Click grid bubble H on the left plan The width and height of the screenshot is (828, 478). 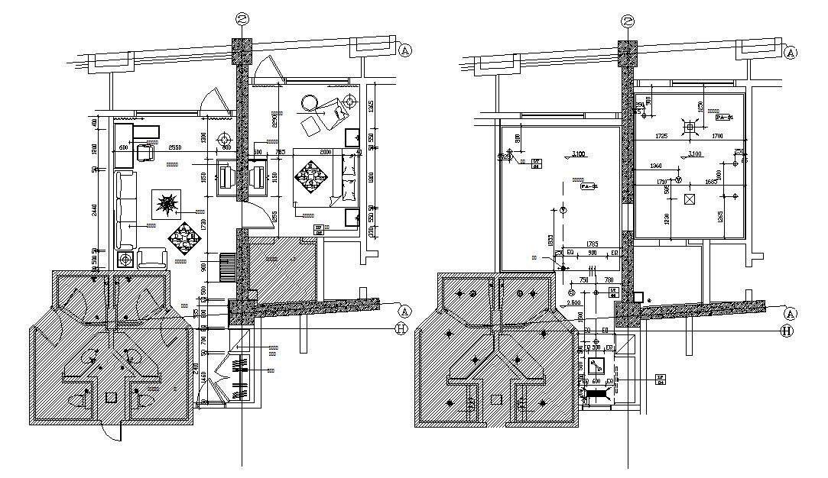(401, 329)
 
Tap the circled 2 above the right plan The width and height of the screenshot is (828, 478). (628, 21)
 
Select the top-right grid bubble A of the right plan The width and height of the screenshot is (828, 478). (791, 52)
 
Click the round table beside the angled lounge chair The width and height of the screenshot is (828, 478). (310, 102)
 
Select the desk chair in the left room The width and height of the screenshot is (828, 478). (145, 153)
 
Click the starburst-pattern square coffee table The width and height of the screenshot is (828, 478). (167, 204)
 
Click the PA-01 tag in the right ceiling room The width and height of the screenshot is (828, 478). (723, 118)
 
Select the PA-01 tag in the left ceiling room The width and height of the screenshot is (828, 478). (588, 186)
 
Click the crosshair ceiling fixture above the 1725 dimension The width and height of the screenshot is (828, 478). (690, 126)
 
